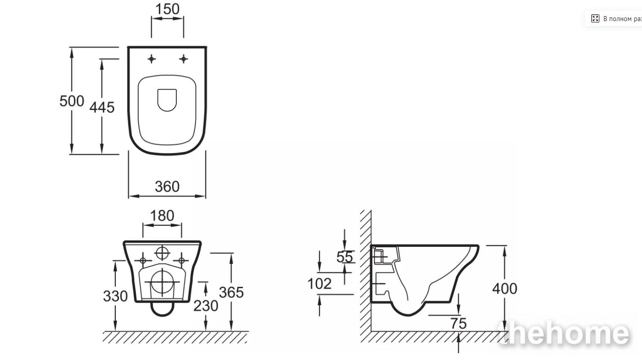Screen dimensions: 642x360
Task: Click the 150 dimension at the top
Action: pyautogui.click(x=167, y=9)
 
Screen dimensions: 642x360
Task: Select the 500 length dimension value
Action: pyautogui.click(x=72, y=101)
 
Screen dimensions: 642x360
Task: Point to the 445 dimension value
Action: pyautogui.click(x=102, y=108)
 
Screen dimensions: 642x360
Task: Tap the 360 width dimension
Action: pyautogui.click(x=167, y=186)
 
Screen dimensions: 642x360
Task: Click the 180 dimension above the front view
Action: pyautogui.click(x=162, y=216)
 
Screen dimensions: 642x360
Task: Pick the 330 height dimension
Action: pyautogui.click(x=115, y=296)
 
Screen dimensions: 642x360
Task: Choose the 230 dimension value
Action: pyautogui.click(x=206, y=306)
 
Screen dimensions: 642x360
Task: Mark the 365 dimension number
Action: pyautogui.click(x=231, y=293)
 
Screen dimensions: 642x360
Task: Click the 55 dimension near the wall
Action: pyautogui.click(x=345, y=257)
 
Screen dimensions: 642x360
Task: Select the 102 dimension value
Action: pyautogui.click(x=319, y=284)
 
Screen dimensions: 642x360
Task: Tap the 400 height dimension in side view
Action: pyautogui.click(x=505, y=289)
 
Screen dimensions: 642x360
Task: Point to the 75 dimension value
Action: pyautogui.click(x=459, y=324)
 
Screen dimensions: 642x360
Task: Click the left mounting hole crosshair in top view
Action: pyautogui.click(x=152, y=59)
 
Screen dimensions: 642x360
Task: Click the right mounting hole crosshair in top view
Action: pyautogui.click(x=183, y=59)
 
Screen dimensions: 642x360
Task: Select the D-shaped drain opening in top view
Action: pyautogui.click(x=167, y=100)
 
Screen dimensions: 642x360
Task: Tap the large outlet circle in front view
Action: pyautogui.click(x=162, y=282)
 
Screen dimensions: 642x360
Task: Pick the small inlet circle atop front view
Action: pyautogui.click(x=162, y=253)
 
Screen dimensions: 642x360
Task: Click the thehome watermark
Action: pyautogui.click(x=563, y=333)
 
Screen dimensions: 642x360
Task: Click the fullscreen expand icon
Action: pyautogui.click(x=595, y=19)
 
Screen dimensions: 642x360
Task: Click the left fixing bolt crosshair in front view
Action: pyautogui.click(x=143, y=260)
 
